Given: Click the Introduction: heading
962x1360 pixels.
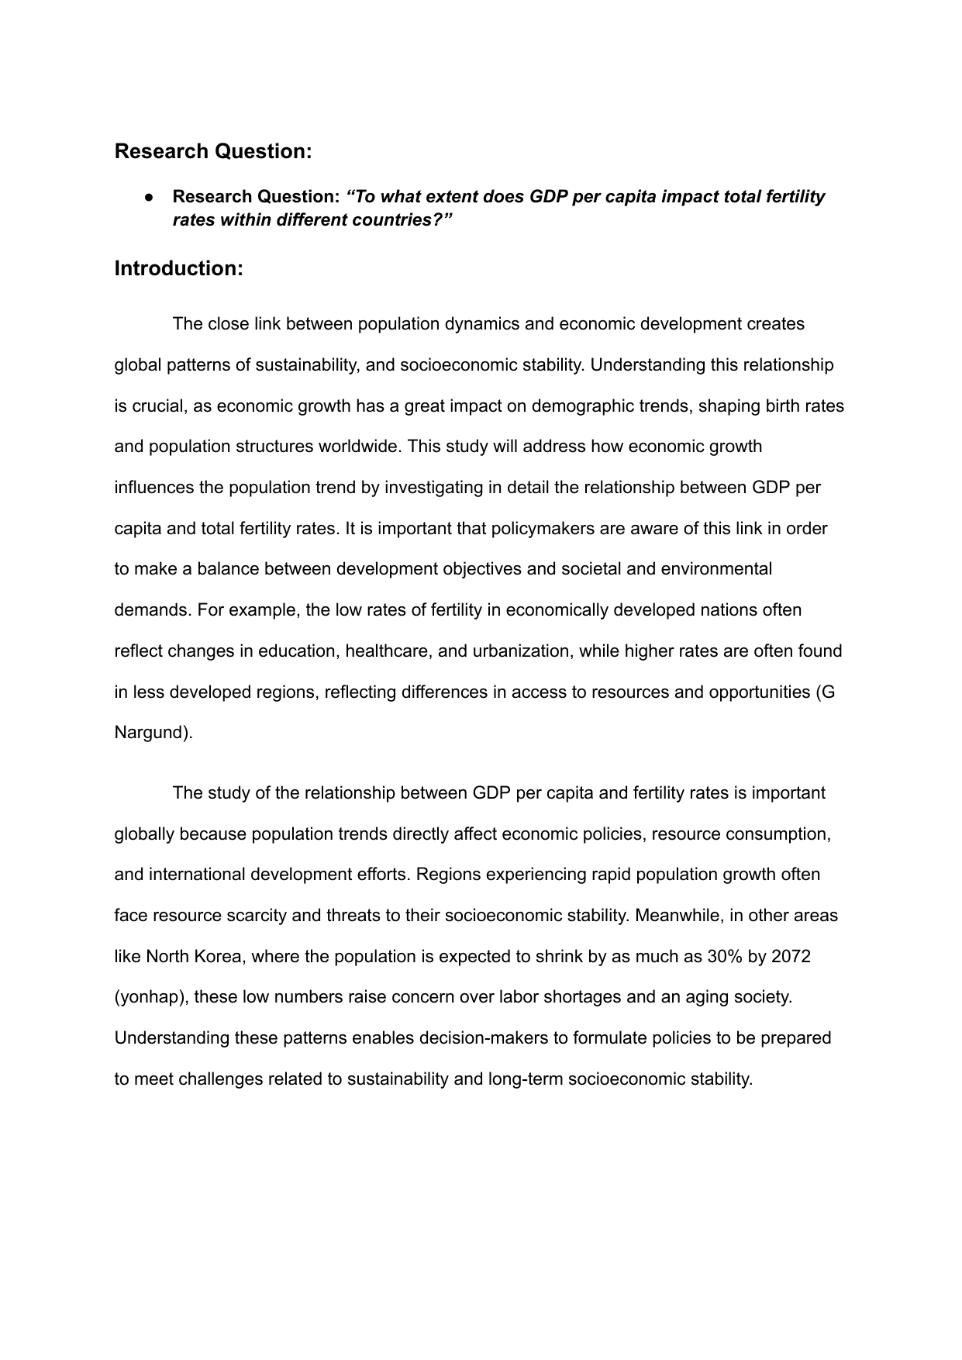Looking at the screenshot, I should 179,268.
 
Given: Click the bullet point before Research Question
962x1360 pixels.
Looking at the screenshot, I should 147,198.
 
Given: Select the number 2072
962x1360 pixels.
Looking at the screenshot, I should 791,956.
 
